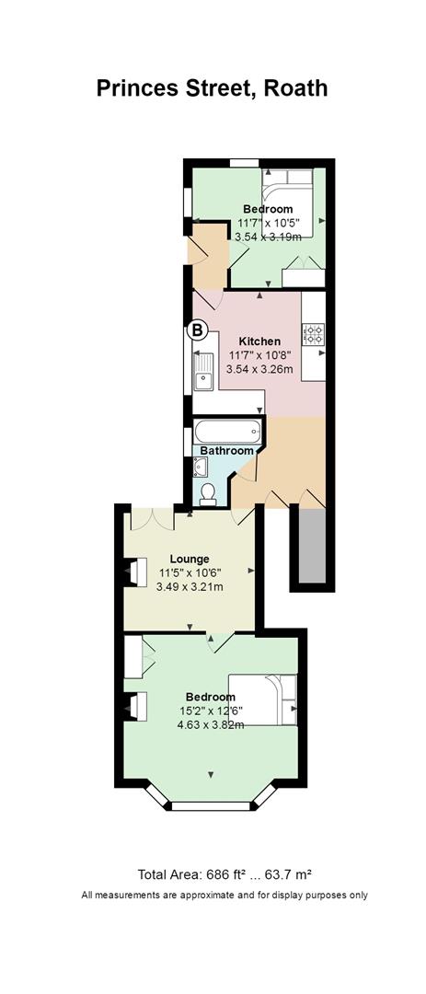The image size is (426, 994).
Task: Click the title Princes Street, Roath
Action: [x=213, y=88]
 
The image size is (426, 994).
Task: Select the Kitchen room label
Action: [x=259, y=341]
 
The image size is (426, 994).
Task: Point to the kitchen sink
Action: [x=204, y=372]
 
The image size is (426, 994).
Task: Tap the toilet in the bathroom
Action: [x=207, y=494]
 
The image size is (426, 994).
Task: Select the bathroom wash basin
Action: [x=201, y=468]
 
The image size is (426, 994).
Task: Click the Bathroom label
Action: [x=227, y=451]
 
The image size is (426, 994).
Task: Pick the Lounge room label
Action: [x=190, y=560]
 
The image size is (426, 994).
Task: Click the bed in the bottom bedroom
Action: [x=263, y=699]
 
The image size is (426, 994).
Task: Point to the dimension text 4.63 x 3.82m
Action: [x=211, y=722]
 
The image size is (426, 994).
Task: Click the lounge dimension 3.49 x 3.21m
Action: [x=190, y=586]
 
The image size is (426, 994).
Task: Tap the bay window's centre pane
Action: [x=211, y=806]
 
